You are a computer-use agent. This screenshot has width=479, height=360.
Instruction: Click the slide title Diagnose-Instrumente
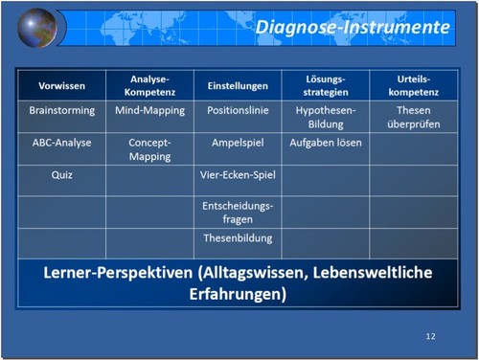353,27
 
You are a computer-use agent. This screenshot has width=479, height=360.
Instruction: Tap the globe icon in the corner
37,27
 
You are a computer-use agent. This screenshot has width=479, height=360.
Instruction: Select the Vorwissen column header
61,86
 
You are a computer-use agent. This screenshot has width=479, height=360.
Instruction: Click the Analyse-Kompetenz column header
149,85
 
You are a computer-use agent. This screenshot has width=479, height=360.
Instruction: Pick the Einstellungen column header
238,86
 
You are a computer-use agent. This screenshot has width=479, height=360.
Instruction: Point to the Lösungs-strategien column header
326,85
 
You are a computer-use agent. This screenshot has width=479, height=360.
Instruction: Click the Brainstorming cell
61,111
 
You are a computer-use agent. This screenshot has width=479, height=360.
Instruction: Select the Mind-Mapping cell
149,111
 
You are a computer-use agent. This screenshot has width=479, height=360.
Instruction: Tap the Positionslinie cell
238,111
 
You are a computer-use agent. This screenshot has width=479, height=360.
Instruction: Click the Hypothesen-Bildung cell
326,118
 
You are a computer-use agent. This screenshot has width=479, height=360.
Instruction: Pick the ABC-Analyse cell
61,143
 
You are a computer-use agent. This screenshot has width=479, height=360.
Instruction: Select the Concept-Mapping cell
149,149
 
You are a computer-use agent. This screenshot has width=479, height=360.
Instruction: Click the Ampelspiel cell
238,143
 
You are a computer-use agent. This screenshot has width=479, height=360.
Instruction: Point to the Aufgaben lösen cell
326,143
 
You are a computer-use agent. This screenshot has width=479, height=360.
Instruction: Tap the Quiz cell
61,175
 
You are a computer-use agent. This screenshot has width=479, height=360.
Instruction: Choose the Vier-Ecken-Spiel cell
238,175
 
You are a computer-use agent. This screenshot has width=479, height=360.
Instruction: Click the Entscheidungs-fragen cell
238,213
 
